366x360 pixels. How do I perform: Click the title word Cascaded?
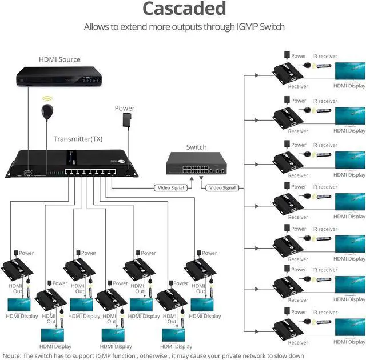[x=184, y=9]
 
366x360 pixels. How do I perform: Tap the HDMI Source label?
[x=59, y=59]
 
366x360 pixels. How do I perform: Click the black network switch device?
[x=196, y=165]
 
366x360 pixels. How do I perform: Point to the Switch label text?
[x=196, y=147]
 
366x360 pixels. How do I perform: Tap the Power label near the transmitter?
[x=125, y=108]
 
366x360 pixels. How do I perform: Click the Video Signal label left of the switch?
[x=170, y=187]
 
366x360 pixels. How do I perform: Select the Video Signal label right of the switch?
[x=222, y=187]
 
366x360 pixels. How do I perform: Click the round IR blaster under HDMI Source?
[x=47, y=110]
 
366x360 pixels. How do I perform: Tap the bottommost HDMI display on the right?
[x=349, y=327]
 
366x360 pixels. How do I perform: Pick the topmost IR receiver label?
[x=325, y=57]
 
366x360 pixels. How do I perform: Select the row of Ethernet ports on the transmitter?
[x=87, y=171]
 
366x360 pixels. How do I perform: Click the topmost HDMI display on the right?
[x=349, y=71]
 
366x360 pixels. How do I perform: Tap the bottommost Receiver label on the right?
[x=298, y=343]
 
